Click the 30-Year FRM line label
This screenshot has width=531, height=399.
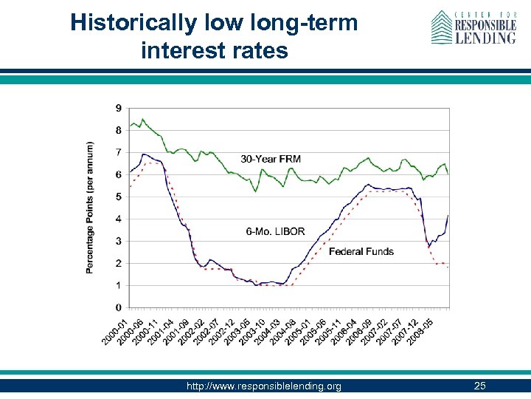point(271,159)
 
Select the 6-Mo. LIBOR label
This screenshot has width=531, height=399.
point(275,231)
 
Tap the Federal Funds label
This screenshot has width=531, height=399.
point(361,251)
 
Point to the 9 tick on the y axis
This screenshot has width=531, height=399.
point(119,108)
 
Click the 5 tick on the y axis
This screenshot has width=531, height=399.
point(119,197)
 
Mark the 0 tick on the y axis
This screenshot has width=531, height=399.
point(119,307)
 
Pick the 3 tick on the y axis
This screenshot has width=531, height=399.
point(119,241)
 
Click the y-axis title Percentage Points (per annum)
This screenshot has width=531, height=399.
point(90,208)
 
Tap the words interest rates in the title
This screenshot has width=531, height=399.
point(214,50)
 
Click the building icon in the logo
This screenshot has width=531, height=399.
point(441,27)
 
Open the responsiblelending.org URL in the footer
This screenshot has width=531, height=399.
point(264,386)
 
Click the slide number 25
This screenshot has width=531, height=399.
point(480,386)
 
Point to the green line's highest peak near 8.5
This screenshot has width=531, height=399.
point(143,119)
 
